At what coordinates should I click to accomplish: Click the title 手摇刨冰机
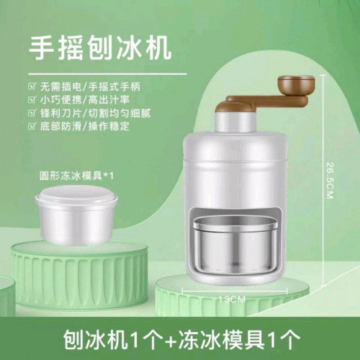pos(100,48)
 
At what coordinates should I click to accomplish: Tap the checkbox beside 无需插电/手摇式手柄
pos(32,86)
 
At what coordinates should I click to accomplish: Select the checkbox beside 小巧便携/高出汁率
pos(32,99)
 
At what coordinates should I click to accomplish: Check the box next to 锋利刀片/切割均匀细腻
pos(32,113)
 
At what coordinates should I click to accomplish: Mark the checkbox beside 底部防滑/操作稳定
pos(32,126)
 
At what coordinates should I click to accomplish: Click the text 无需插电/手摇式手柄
pos(90,86)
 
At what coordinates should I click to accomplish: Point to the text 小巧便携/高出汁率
pos(85,100)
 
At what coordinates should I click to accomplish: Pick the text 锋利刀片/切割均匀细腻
pos(96,113)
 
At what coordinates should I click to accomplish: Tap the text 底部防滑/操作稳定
pos(85,126)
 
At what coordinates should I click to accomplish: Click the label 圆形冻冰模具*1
pos(77,176)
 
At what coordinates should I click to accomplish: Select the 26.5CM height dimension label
pos(330,181)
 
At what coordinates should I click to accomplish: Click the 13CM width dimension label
pos(232,300)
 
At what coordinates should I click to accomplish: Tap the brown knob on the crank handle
pos(296,85)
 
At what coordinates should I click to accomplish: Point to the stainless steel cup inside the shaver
pos(235,246)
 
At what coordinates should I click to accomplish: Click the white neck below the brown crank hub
pos(235,124)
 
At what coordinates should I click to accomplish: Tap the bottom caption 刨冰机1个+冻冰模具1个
pos(181,339)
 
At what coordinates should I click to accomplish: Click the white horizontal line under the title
pos(107,73)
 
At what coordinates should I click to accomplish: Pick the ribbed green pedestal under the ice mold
pos(79,274)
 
